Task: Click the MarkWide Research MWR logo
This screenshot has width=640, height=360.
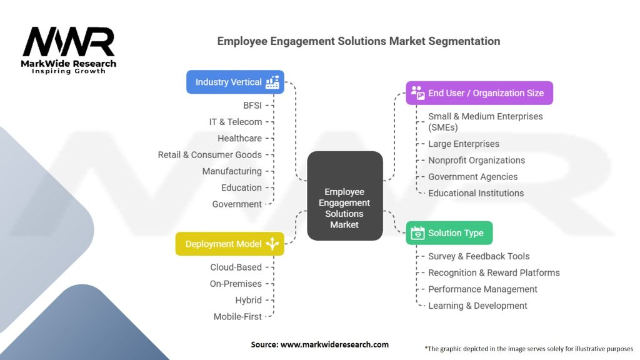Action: [x=69, y=50]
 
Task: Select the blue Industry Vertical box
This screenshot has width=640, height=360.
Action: [x=235, y=82]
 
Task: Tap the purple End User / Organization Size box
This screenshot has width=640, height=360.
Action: [x=479, y=93]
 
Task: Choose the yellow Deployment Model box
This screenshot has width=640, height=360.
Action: [x=229, y=244]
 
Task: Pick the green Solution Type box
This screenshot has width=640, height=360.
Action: [x=449, y=233]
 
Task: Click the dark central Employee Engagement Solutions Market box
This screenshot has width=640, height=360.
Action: [x=344, y=196]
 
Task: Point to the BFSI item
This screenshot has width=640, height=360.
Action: [x=252, y=105]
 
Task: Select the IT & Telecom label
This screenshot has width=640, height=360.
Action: [x=236, y=122]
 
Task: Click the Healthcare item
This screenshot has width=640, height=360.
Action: [x=239, y=138]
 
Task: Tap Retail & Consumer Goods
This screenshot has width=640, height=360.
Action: [x=209, y=154]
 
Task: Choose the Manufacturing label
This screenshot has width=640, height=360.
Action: [x=232, y=171]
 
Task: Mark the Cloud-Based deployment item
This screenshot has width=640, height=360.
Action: [x=236, y=267]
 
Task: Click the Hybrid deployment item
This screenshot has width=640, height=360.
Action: [x=248, y=300]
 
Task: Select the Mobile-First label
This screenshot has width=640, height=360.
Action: [x=237, y=316]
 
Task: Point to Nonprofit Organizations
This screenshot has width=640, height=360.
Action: [x=476, y=160]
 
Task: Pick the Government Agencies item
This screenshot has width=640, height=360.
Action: [x=472, y=177]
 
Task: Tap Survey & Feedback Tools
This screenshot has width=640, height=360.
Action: [x=479, y=256]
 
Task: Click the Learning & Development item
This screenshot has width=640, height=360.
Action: [x=477, y=306]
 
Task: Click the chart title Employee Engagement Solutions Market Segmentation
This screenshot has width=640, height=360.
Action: [x=358, y=41]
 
